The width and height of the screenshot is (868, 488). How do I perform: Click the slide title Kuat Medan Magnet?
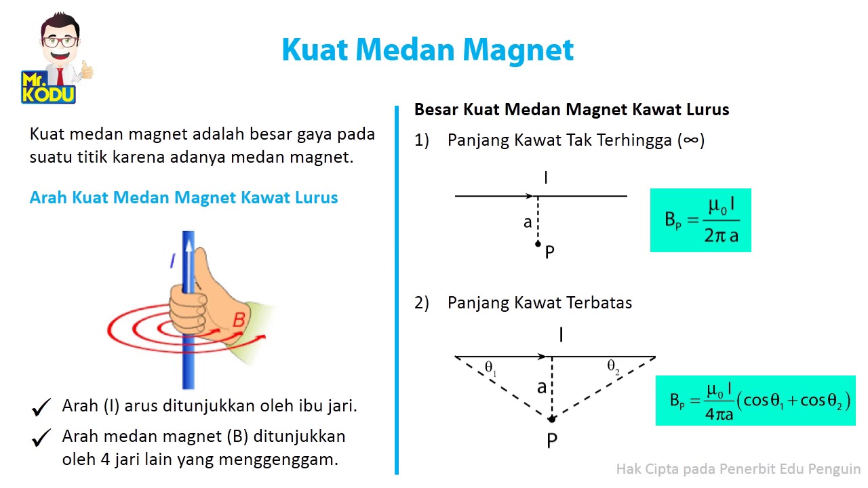coord(427,49)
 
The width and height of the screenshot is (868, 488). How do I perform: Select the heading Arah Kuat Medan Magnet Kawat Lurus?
coord(184,198)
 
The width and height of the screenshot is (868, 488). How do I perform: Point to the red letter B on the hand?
coord(238,320)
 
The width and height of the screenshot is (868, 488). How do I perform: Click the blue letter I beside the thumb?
coord(173,261)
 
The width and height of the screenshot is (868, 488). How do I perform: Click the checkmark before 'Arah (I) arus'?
coord(41,407)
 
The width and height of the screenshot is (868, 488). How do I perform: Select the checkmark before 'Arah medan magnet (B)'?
coord(41,438)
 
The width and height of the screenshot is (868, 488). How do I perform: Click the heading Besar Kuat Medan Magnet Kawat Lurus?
coord(572,110)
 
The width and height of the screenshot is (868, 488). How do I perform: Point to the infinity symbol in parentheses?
coord(691,140)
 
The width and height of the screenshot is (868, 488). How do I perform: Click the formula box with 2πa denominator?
coord(701,220)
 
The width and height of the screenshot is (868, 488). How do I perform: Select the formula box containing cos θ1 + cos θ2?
coord(755,401)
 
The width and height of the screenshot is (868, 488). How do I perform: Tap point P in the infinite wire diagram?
coord(538,244)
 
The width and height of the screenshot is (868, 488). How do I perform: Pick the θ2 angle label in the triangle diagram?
coord(613,368)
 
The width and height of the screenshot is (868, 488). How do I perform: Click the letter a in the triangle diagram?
coord(541,388)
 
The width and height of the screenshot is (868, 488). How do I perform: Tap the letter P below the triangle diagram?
coord(551,441)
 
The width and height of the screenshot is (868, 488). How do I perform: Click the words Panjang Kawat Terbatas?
coord(539,303)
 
